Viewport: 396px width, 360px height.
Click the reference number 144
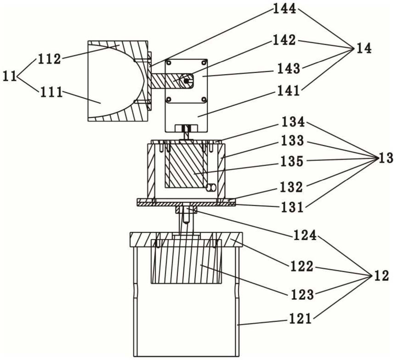(284, 9)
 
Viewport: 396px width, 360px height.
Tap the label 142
(284, 40)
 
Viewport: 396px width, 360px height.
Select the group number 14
(363, 48)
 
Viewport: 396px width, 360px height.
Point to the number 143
(289, 68)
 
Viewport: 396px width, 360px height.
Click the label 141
(288, 90)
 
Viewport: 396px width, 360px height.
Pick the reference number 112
(50, 59)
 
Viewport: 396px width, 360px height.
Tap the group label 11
(10, 76)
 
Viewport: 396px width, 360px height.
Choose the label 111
(51, 93)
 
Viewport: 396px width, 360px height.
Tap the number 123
(302, 295)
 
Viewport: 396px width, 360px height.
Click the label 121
(300, 319)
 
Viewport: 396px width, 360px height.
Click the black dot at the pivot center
(186, 80)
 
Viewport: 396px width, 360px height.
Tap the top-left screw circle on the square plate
(169, 63)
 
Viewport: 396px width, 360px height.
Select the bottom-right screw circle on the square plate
(204, 99)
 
